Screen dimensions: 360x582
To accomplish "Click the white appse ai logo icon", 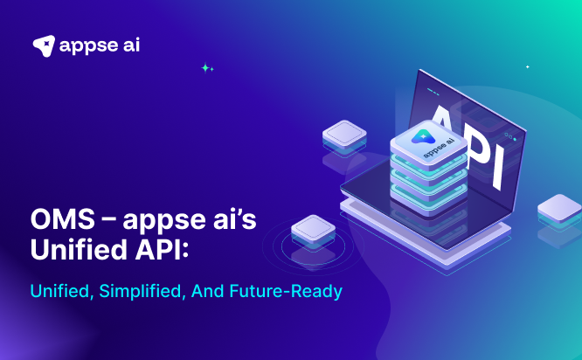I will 44,45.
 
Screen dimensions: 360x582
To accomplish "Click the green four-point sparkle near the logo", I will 206,67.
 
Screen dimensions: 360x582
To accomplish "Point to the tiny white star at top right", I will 527,66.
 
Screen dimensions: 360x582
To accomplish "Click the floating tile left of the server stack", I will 343,135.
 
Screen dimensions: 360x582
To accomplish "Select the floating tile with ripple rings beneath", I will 313,229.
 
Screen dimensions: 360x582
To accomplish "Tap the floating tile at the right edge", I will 559,211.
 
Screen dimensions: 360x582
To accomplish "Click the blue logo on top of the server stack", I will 422,135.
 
